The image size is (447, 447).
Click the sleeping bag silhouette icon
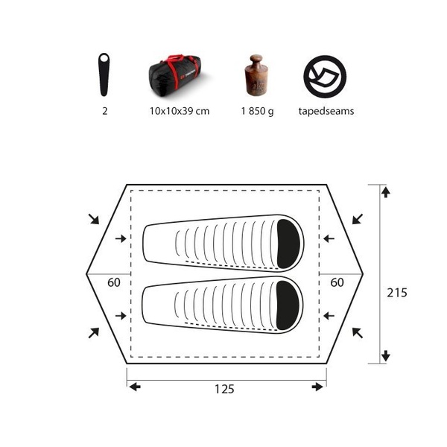click(104, 74)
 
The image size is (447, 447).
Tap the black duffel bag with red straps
click(175, 75)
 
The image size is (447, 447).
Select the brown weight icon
click(256, 75)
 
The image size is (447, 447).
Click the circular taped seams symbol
click(325, 77)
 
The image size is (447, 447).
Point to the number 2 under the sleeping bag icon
click(105, 111)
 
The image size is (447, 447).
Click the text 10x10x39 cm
click(180, 111)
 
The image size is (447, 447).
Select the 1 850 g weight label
click(258, 111)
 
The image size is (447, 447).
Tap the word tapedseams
click(326, 111)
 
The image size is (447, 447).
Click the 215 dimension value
click(397, 293)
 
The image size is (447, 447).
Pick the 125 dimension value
click(224, 389)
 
